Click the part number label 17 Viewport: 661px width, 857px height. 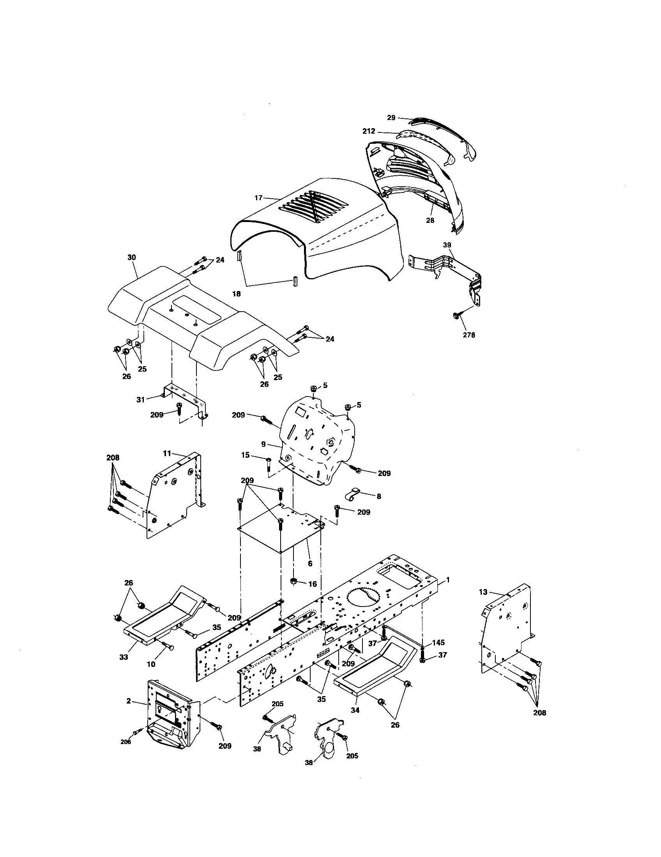[258, 198]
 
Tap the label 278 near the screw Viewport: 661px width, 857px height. [469, 335]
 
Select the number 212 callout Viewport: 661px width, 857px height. [369, 131]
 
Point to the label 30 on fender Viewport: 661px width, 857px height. [131, 257]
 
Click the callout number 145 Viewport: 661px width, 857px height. [438, 643]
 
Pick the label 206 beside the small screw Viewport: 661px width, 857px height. [125, 742]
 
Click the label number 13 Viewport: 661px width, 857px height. [483, 592]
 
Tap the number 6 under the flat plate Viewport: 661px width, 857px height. [310, 564]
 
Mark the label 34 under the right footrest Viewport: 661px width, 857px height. [355, 710]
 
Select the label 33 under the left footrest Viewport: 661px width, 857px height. [124, 657]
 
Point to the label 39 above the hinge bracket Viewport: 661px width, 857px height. [447, 245]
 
